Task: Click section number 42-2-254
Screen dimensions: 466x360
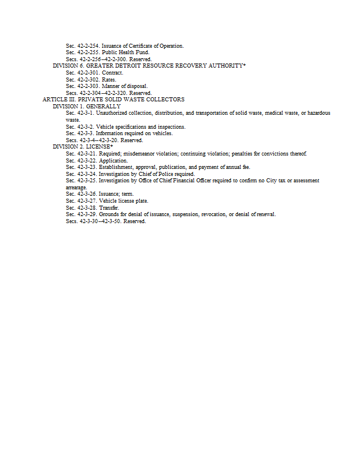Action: click(x=87, y=45)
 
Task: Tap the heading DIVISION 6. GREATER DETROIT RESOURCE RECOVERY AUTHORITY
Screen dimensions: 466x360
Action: click(x=149, y=66)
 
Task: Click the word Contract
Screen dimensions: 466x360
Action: click(x=112, y=73)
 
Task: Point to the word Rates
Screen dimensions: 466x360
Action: click(x=109, y=79)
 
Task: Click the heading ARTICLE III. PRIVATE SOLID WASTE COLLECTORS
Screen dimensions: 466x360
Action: click(x=114, y=100)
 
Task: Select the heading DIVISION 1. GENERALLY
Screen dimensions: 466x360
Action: click(x=86, y=107)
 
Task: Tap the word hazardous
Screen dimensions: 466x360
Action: click(x=319, y=113)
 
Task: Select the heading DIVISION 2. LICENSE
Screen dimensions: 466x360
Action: click(x=82, y=147)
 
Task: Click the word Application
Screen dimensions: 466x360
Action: click(x=113, y=160)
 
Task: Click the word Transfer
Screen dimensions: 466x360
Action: click(x=110, y=207)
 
